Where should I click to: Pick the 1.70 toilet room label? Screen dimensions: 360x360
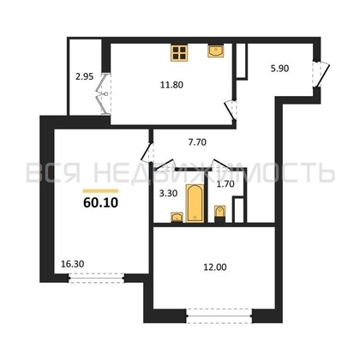pos(225,183)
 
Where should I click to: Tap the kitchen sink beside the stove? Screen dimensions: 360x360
pos(215,51)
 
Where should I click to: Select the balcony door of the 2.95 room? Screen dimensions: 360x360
pos(103,94)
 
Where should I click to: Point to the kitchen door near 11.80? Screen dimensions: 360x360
pos(229,111)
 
